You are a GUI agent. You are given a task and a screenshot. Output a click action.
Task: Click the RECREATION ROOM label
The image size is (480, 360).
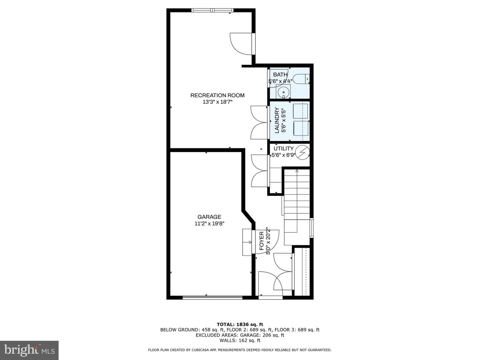(217, 95)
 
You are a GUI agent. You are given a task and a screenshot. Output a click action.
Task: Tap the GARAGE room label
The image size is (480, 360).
(209, 217)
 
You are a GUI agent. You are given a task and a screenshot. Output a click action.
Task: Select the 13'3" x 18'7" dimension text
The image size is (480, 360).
(217, 102)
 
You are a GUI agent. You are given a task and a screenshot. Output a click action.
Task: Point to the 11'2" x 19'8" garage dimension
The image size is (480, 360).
(209, 224)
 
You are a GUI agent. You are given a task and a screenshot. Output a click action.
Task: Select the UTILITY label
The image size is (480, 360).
(284, 149)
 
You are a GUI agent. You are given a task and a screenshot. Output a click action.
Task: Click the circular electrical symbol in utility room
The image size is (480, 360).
(302, 152)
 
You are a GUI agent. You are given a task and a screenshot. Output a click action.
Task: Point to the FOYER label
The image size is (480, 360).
(262, 241)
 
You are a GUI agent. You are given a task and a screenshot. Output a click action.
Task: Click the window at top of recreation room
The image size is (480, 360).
(212, 10)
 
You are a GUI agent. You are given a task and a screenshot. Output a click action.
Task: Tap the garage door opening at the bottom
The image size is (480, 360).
(212, 297)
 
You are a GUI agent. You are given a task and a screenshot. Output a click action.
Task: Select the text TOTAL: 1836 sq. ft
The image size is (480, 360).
(240, 324)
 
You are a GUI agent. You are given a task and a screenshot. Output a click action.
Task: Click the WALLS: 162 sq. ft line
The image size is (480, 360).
(240, 340)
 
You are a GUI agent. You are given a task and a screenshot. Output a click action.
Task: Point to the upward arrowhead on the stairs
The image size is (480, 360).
(297, 171)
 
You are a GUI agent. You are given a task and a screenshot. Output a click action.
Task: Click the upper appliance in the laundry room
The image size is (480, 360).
(300, 111)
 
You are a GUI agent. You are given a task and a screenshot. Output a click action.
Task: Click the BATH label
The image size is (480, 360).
(280, 75)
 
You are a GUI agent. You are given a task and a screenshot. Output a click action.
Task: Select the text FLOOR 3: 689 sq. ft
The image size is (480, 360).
(297, 330)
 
